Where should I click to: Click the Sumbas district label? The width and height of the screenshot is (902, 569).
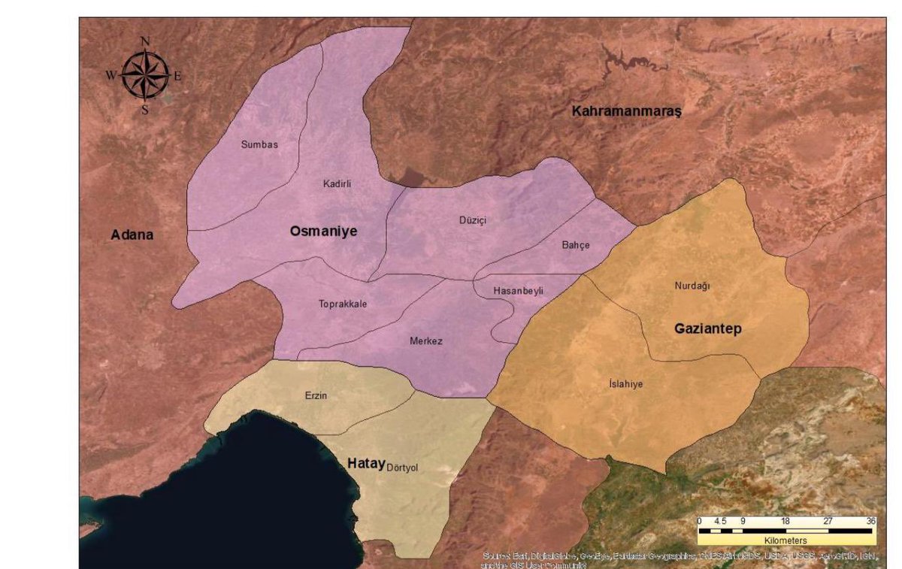click(259, 144)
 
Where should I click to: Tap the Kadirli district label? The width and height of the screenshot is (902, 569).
click(337, 183)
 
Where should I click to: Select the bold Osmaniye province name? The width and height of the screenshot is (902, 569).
click(323, 232)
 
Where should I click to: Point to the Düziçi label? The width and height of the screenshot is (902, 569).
click(474, 220)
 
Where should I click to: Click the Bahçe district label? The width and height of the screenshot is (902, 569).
click(576, 245)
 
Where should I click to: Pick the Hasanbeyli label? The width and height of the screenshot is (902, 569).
click(518, 290)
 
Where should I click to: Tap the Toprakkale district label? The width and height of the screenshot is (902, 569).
click(343, 304)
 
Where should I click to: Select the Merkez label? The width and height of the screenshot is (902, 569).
click(426, 341)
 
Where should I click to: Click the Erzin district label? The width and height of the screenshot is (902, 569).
click(316, 395)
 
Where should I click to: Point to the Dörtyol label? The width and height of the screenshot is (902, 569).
click(401, 468)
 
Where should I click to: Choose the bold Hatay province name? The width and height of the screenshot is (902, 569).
click(366, 463)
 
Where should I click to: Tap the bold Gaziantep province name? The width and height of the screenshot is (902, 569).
click(707, 329)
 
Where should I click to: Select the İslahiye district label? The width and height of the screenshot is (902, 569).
click(625, 384)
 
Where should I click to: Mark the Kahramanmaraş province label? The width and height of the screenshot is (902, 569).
click(625, 111)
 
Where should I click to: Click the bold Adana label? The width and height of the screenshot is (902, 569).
click(132, 235)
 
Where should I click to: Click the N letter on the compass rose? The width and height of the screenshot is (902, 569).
click(145, 41)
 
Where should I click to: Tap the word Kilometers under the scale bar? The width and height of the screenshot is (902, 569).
click(785, 540)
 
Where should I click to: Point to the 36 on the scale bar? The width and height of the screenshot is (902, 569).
click(870, 521)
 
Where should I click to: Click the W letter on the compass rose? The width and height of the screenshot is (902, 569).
click(110, 75)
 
